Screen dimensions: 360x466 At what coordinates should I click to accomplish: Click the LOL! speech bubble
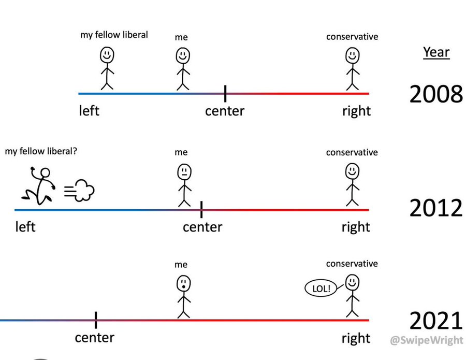click(x=322, y=289)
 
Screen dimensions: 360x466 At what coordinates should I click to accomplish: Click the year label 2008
click(x=436, y=94)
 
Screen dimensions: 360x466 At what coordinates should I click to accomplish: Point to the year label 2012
click(x=436, y=208)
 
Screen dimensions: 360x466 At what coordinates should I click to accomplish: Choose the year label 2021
click(x=436, y=321)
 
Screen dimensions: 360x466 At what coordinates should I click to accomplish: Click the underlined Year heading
click(x=436, y=52)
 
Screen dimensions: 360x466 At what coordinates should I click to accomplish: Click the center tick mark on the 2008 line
click(x=225, y=94)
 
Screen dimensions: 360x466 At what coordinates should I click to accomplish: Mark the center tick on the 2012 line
click(x=201, y=209)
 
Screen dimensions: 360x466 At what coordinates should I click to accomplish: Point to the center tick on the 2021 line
click(x=96, y=320)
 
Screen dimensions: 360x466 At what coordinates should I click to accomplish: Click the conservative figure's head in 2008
click(x=353, y=54)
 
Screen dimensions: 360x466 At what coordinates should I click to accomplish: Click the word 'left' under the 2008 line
click(x=89, y=111)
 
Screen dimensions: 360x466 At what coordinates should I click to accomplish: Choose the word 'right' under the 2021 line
click(x=356, y=338)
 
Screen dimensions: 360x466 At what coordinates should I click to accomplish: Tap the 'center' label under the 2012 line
click(x=202, y=227)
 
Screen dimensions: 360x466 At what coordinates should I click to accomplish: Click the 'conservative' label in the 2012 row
click(x=352, y=152)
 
